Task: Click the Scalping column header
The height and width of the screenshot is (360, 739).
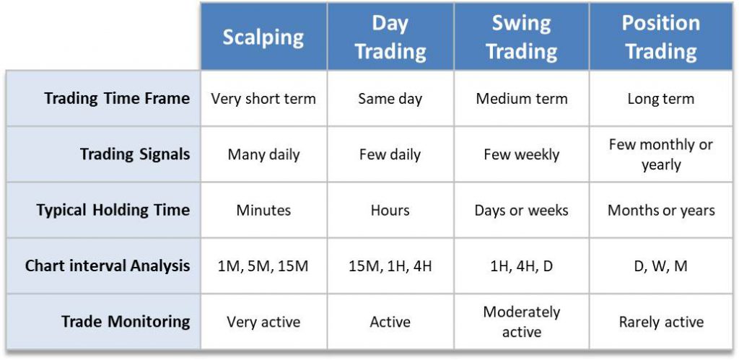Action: pos(263,38)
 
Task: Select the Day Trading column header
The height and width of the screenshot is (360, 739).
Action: pos(390,37)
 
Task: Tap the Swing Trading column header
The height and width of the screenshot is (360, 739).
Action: pos(521,37)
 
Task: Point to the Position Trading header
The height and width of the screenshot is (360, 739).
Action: pos(661,37)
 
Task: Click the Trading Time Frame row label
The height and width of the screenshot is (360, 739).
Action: pos(117,99)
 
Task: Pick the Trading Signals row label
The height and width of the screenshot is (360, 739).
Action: pos(135,154)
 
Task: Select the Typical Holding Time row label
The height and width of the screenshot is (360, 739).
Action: pos(113,210)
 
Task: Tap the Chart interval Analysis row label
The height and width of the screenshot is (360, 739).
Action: pos(108,265)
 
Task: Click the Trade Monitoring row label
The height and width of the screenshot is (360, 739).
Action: pos(126,321)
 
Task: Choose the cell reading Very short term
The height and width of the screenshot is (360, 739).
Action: pos(263,99)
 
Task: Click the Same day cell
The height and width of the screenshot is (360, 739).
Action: pos(390,99)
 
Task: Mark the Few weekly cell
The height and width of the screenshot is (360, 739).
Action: pos(521,154)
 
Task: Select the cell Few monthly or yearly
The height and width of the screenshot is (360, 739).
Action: pos(661,154)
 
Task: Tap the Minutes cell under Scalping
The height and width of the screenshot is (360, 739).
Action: pos(263,210)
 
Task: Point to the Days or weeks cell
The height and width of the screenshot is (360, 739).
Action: pos(521,210)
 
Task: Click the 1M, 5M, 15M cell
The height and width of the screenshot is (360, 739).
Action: pos(263,266)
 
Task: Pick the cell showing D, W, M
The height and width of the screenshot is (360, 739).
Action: pos(661,266)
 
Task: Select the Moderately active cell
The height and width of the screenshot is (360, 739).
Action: pos(521,322)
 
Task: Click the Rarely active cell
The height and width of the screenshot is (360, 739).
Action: pos(661,322)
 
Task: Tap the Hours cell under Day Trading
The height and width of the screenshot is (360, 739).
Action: pos(390,210)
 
